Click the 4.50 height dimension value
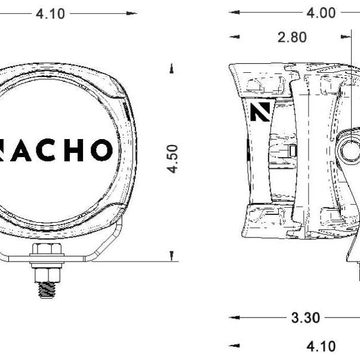[x=173, y=158]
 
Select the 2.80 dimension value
[x=292, y=37]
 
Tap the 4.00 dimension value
[x=321, y=13]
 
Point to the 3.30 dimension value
[x=305, y=318]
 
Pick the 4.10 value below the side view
[x=321, y=346]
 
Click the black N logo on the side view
[x=260, y=112]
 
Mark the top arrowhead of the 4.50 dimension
[x=172, y=67]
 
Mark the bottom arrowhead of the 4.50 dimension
[x=172, y=256]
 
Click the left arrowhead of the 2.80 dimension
[x=233, y=37]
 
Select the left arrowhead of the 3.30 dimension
[x=233, y=318]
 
